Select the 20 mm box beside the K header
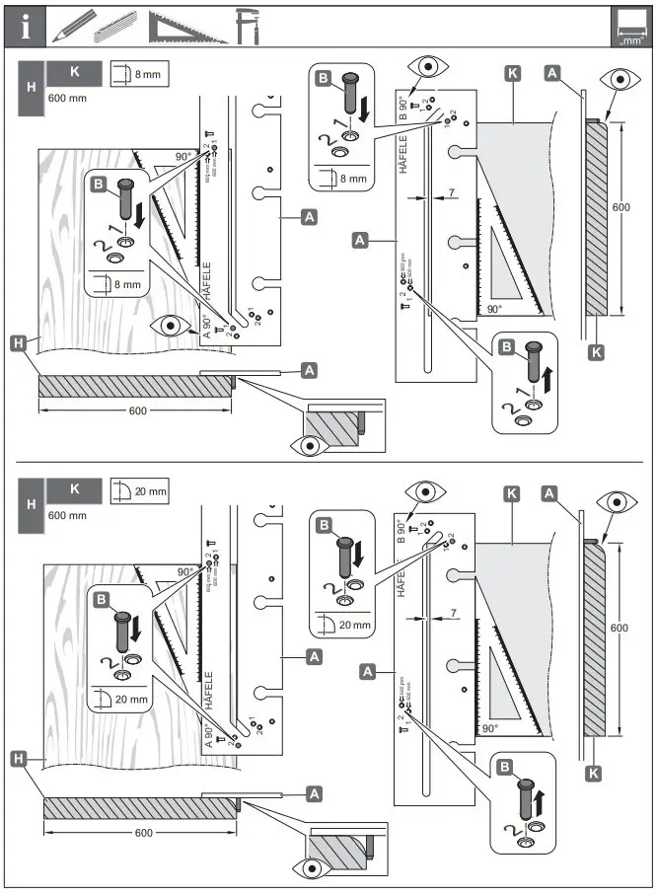[139, 488]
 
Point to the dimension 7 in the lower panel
[451, 613]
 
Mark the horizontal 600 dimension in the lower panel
[143, 833]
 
